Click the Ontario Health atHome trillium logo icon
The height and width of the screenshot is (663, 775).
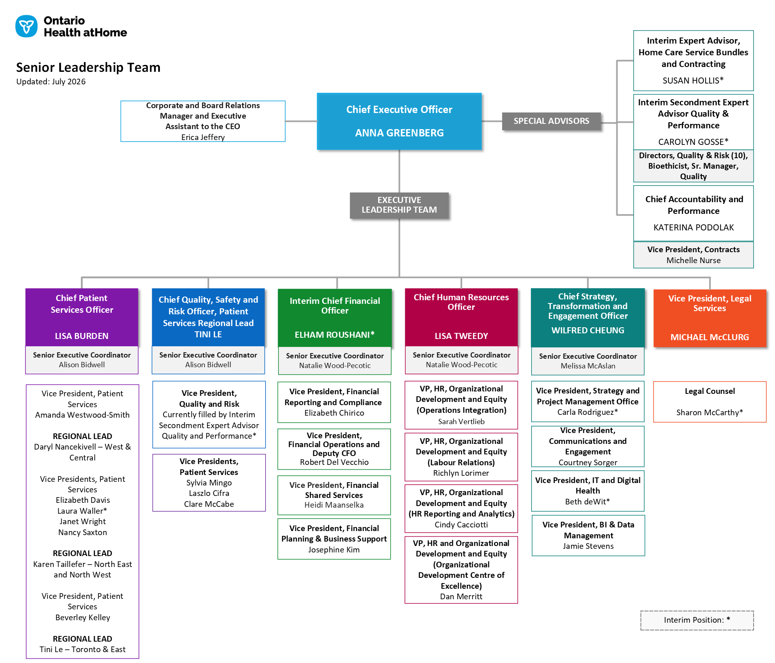[26, 26]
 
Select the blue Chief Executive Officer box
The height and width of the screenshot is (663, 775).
[399, 121]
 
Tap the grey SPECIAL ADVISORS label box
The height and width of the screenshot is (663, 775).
[551, 121]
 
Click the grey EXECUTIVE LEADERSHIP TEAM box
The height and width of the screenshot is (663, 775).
[399, 205]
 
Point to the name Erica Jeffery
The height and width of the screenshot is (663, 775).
[203, 137]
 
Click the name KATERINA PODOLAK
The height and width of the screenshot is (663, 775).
[693, 228]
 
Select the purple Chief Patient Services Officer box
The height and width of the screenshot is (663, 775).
[82, 317]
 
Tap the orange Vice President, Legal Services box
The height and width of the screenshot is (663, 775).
[710, 318]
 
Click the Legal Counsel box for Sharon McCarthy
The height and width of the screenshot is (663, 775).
[710, 402]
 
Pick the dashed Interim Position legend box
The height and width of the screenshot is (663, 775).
[697, 620]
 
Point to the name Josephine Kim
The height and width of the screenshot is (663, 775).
[334, 550]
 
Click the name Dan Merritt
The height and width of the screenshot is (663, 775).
[461, 596]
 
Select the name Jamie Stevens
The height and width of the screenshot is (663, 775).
[588, 546]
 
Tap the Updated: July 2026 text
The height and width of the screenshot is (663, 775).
[51, 82]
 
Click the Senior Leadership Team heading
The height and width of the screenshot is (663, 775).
[88, 67]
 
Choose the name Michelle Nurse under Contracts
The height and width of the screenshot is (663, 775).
[693, 260]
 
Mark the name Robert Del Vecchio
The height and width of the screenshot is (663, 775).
[334, 462]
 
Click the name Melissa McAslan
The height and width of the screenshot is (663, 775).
[588, 366]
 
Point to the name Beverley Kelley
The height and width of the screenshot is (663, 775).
[83, 617]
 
